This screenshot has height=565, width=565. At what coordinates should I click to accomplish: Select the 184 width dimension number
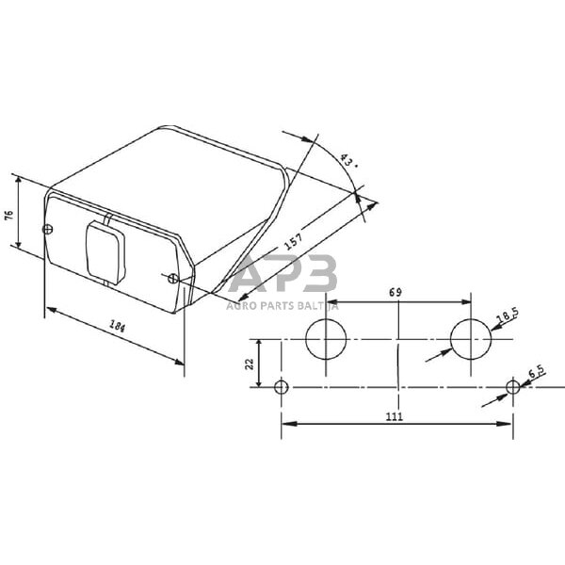[x=117, y=328]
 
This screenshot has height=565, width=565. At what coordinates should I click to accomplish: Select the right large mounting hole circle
[x=470, y=339]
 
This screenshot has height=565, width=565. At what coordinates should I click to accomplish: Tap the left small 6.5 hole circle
[x=281, y=388]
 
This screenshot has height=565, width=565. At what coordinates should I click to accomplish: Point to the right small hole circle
[x=512, y=388]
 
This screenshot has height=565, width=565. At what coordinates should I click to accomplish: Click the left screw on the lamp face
[x=47, y=229]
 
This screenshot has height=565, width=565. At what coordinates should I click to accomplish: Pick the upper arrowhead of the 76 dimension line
[x=16, y=177]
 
